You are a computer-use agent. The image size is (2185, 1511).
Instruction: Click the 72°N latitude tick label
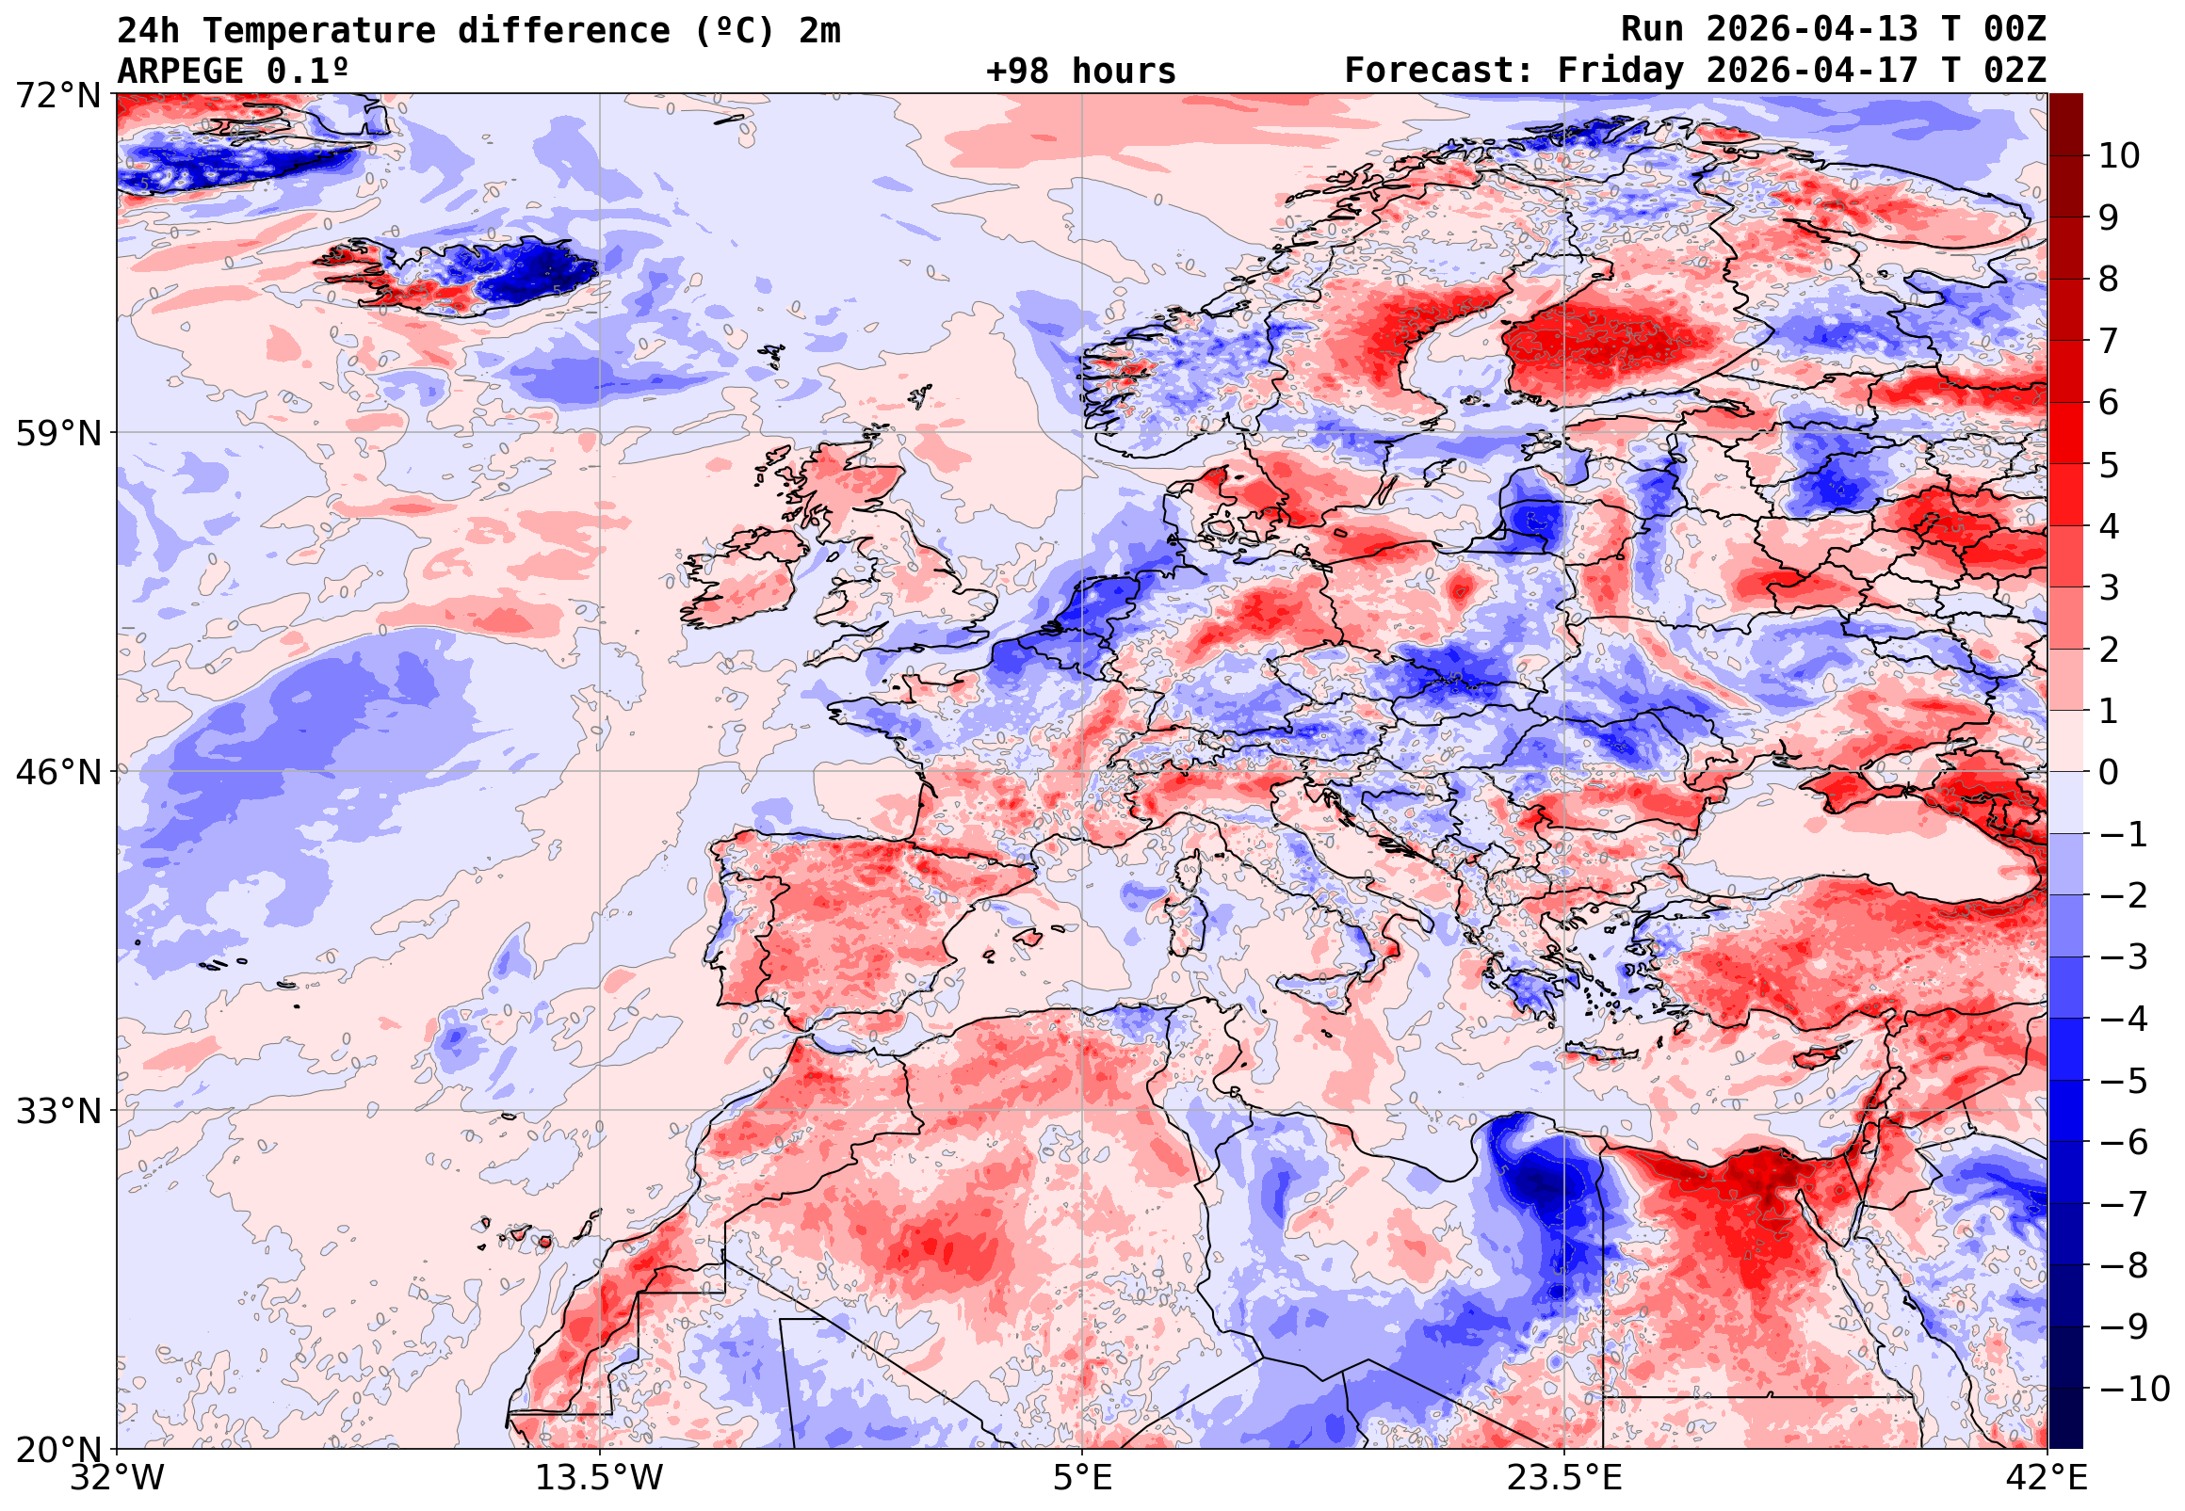pyautogui.click(x=57, y=95)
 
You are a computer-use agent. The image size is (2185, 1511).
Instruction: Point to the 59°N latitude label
pyautogui.click(x=57, y=434)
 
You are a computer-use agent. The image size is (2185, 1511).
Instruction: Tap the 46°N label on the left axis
pyautogui.click(x=57, y=773)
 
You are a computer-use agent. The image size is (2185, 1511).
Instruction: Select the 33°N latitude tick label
pyautogui.click(x=57, y=1111)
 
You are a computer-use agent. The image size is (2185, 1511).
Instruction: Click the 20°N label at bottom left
pyautogui.click(x=57, y=1450)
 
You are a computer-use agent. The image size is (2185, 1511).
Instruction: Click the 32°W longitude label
pyautogui.click(x=117, y=1478)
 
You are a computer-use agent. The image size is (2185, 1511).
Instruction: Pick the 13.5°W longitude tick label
pyautogui.click(x=600, y=1478)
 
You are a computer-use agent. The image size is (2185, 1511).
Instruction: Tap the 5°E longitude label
pyautogui.click(x=1082, y=1478)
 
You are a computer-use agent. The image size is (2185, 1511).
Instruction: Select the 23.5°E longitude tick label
pyautogui.click(x=1564, y=1478)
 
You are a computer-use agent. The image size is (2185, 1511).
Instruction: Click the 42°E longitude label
pyautogui.click(x=2047, y=1478)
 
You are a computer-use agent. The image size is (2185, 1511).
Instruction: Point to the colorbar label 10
pyautogui.click(x=2119, y=156)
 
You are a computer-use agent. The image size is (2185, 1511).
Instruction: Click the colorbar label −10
pyautogui.click(x=2134, y=1389)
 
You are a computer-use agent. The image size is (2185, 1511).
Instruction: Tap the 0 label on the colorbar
pyautogui.click(x=2109, y=773)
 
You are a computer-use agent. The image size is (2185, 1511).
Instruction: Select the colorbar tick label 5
pyautogui.click(x=2109, y=465)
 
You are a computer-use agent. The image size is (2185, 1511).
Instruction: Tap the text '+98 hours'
pyautogui.click(x=1080, y=71)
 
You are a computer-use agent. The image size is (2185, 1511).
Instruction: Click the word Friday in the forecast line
pyautogui.click(x=1620, y=71)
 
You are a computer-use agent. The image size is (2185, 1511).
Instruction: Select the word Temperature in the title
pyautogui.click(x=318, y=31)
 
